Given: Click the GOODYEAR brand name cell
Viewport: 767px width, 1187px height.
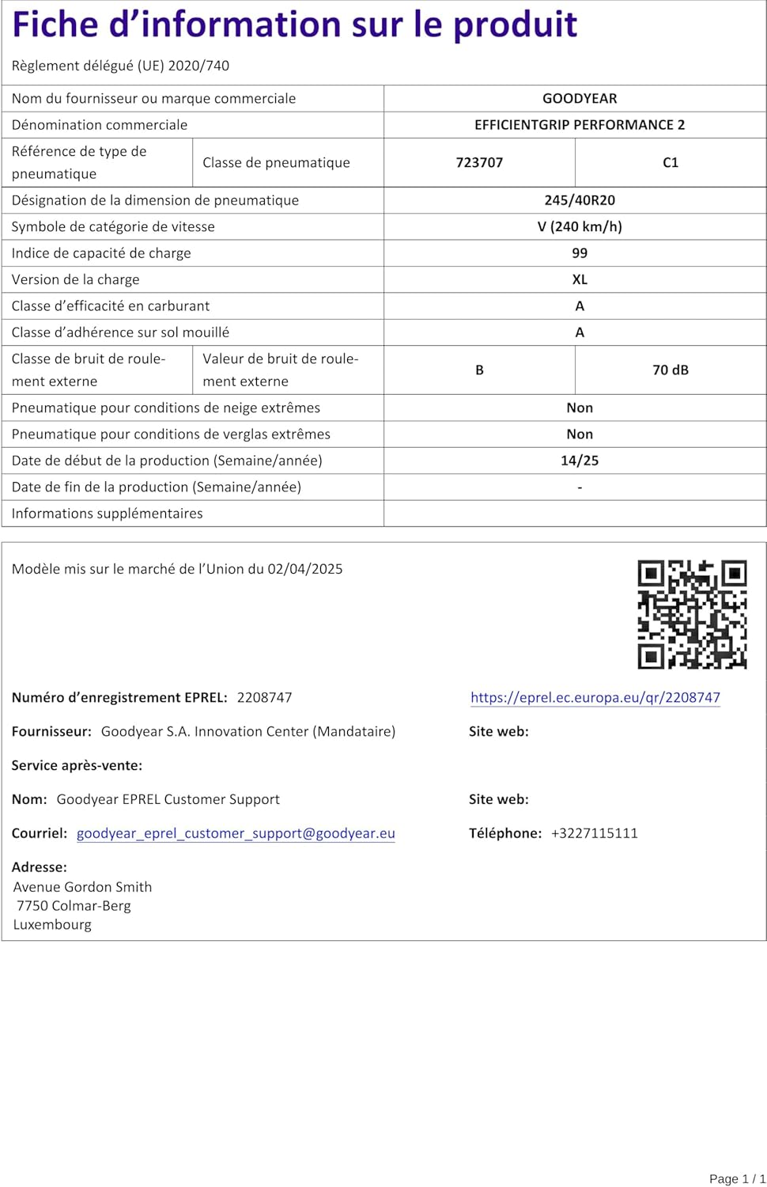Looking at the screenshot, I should tap(580, 98).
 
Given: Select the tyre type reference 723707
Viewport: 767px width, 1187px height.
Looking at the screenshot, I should tap(479, 162).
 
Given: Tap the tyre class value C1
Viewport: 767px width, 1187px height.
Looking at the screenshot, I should tap(671, 162).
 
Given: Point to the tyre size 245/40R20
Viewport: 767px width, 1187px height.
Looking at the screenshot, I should tap(580, 200).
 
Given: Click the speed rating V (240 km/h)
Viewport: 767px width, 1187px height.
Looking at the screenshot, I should tap(580, 226).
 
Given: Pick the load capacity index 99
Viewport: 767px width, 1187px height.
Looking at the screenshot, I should tap(580, 253).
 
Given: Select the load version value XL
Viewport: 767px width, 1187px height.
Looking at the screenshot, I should tap(580, 279).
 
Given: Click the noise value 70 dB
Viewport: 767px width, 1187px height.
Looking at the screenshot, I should tap(671, 370).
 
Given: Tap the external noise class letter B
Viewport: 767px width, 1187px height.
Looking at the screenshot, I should tap(479, 370).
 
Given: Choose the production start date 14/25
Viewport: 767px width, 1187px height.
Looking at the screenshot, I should tap(580, 461).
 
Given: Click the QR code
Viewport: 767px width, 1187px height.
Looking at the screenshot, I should tap(692, 614).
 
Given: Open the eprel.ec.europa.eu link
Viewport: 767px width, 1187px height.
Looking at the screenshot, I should tap(595, 697).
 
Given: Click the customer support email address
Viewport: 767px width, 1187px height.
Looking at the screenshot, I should tap(236, 833).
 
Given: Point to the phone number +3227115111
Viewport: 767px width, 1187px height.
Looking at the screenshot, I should tap(595, 833).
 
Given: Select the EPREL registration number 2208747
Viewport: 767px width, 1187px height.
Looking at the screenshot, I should tap(264, 697).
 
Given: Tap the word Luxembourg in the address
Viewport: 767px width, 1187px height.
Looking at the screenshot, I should tap(52, 924).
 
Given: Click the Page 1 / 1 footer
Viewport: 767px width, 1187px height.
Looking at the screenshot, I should tap(737, 1178).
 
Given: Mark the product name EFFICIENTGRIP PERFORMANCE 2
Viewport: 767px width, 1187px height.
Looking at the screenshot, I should tap(580, 125).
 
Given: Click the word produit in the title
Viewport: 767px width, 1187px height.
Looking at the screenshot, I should tap(515, 25).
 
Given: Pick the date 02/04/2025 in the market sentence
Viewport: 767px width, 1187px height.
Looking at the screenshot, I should tap(305, 569).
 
